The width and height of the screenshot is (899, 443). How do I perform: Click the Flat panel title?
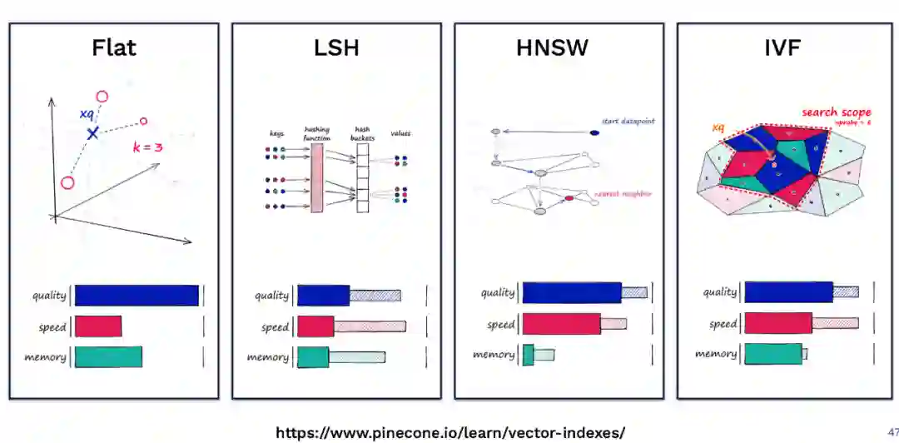point(114,47)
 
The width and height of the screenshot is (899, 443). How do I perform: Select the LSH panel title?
point(336,47)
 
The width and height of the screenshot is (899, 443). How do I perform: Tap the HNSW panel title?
point(552,47)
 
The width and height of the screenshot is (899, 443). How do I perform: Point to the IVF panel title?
point(782,47)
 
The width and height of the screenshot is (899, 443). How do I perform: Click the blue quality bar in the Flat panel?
point(137,296)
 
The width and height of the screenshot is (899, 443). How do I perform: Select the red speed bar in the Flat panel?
point(98,326)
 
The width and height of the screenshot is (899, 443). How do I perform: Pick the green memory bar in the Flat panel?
point(108,357)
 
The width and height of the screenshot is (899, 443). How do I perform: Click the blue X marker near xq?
point(93,132)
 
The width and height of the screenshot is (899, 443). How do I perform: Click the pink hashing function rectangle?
point(316,177)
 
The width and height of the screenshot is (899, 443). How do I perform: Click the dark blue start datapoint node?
point(594,132)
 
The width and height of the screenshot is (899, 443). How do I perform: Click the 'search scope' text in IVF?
point(836,112)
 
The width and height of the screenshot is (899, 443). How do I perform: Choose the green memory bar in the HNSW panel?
point(528,355)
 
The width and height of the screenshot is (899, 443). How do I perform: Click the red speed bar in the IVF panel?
point(777,323)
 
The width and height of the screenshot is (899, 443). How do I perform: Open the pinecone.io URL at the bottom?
point(449,433)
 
